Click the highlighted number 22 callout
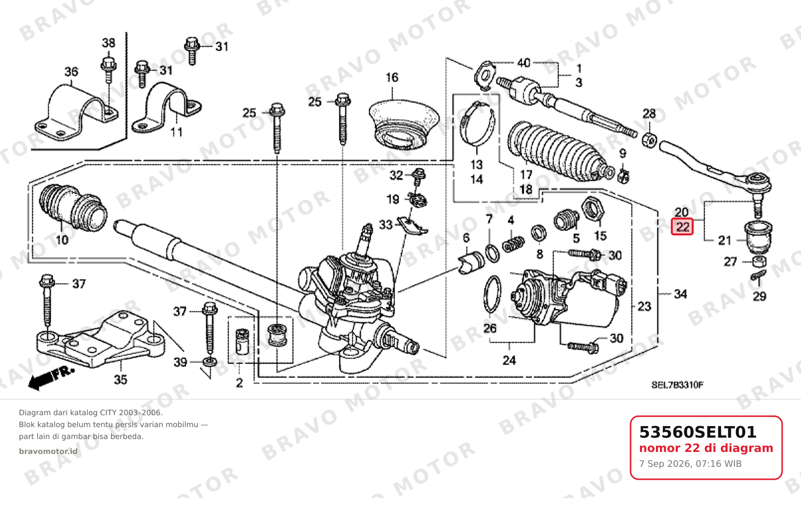682,227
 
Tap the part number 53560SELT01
698,432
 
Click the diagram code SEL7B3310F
678,385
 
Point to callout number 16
392,77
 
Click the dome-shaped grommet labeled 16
403,124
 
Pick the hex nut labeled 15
592,208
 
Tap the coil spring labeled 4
513,244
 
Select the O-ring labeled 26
492,294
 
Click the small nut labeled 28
650,140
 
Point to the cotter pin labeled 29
758,275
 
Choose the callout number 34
680,294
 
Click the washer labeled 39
210,362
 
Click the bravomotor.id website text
48,451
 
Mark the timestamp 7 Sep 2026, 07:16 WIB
690,464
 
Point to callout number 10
62,240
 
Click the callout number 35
121,379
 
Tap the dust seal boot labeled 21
758,237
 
